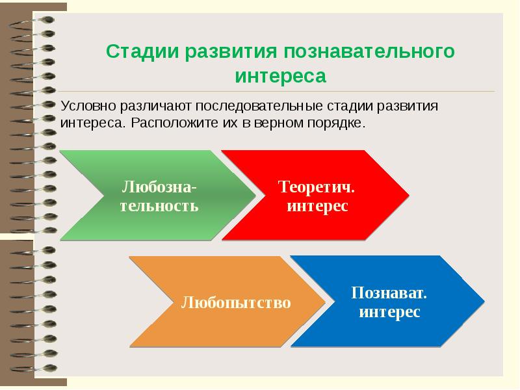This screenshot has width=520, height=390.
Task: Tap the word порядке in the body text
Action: [338, 122]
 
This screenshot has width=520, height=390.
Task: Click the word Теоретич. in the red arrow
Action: [317, 187]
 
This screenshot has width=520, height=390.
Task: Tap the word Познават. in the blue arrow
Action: [389, 292]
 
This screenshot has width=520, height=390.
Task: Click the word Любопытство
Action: [235, 303]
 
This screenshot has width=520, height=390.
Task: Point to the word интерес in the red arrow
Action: [317, 206]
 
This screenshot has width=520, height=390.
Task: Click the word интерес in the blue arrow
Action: [389, 312]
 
